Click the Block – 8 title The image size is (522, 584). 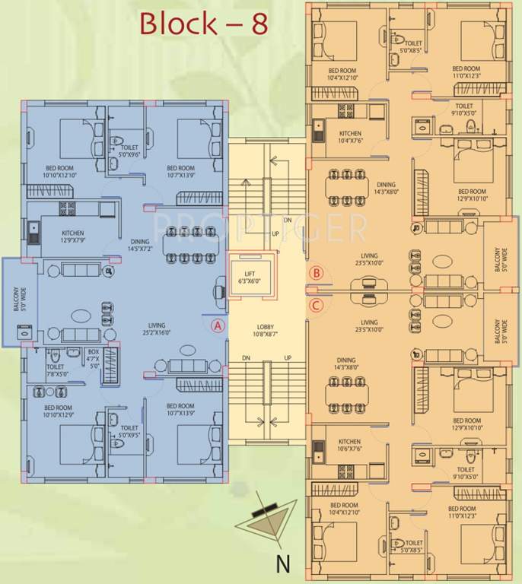(204, 24)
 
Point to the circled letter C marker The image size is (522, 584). (317, 306)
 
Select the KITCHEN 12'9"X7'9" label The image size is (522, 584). (73, 236)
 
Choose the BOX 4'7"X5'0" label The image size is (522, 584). (94, 358)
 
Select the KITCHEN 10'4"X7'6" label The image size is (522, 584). (351, 138)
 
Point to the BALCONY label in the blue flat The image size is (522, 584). (15, 299)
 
